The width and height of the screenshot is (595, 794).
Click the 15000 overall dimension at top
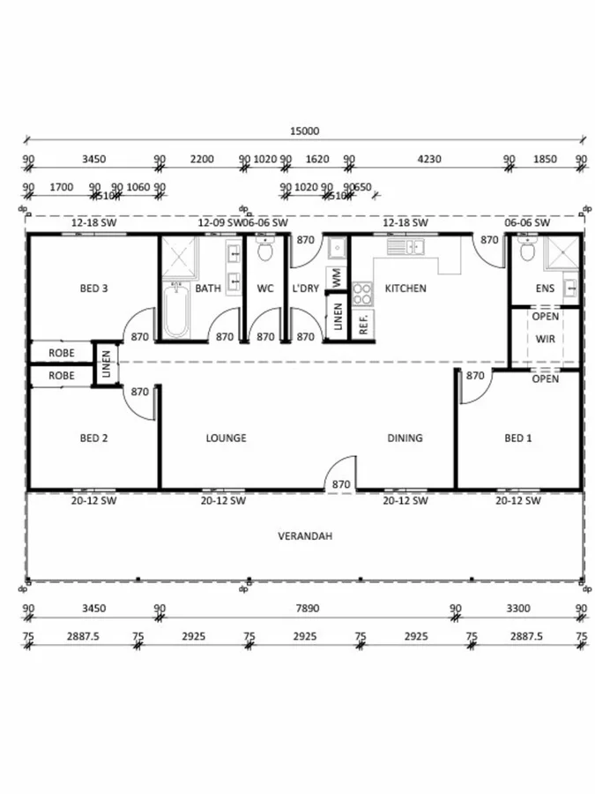click(x=304, y=131)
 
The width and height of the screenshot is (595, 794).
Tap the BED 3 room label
click(x=93, y=288)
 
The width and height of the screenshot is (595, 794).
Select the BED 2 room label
click(x=93, y=438)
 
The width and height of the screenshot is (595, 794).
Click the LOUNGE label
click(x=226, y=438)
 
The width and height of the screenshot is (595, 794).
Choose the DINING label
click(x=405, y=438)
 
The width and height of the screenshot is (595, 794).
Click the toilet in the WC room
click(x=264, y=252)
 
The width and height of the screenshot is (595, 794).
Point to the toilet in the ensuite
click(x=528, y=252)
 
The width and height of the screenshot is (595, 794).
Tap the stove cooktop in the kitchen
click(x=362, y=293)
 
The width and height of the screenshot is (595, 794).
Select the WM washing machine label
click(x=336, y=276)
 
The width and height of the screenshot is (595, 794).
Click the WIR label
click(x=545, y=338)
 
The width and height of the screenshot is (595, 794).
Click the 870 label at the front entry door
click(x=340, y=484)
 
